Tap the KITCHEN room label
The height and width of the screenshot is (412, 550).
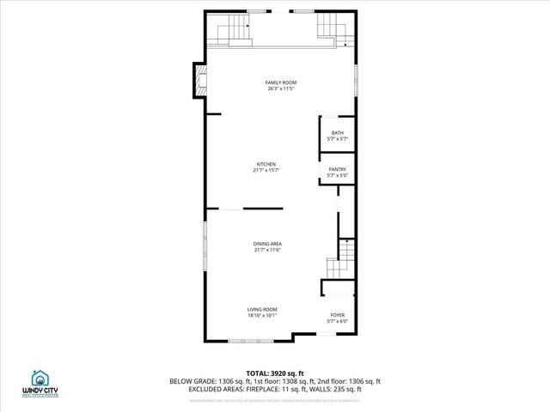(266, 164)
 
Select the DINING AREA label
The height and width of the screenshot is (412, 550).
(267, 244)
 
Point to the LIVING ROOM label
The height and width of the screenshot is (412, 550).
(262, 309)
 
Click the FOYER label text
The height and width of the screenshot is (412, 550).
(338, 315)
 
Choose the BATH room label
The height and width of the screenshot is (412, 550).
(338, 132)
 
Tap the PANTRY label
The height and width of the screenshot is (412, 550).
(338, 170)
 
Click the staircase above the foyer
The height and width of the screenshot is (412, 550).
(340, 259)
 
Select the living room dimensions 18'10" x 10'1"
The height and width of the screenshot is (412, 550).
(262, 316)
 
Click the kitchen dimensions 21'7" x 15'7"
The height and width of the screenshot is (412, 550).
(266, 170)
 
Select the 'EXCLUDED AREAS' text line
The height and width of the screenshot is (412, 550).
(275, 389)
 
